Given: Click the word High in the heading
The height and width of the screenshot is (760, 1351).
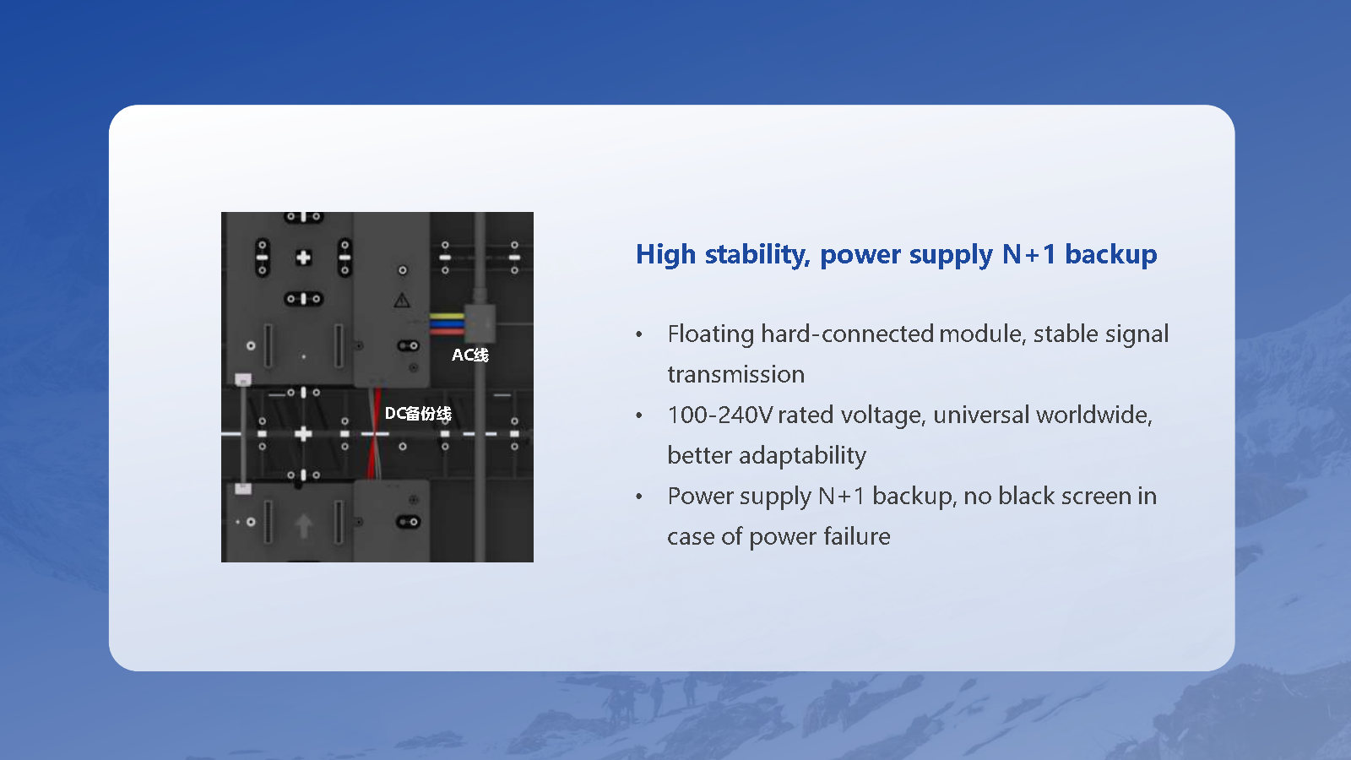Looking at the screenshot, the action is click(x=666, y=254).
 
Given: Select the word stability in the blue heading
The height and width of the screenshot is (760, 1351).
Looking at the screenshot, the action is click(x=757, y=254).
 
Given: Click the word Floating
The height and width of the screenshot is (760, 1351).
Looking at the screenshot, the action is click(x=710, y=334).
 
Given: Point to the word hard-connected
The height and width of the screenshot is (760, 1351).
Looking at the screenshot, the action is click(x=848, y=334).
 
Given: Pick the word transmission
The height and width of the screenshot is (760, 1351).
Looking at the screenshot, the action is click(x=735, y=375).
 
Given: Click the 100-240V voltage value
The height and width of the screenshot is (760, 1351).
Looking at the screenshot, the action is click(x=719, y=415).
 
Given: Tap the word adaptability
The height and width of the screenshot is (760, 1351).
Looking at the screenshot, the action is click(x=802, y=456).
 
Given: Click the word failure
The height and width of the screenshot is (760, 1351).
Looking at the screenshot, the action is click(x=856, y=536).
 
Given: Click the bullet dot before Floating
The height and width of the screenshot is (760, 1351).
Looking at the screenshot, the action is click(x=639, y=334).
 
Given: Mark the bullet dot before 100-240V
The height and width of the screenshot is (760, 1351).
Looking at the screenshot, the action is click(x=639, y=415).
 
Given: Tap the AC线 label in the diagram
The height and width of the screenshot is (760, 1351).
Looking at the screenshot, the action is click(x=469, y=355).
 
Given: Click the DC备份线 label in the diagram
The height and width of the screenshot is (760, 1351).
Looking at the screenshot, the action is click(x=418, y=413).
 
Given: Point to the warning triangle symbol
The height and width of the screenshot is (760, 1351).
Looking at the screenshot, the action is click(x=402, y=300).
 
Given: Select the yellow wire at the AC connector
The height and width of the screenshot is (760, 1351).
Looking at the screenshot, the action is click(x=447, y=316).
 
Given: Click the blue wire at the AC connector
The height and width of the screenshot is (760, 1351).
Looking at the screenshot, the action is click(x=447, y=324).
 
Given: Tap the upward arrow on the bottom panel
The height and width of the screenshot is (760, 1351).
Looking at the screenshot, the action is click(x=303, y=525).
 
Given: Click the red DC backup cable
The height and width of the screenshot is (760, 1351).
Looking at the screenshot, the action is click(x=374, y=433).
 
